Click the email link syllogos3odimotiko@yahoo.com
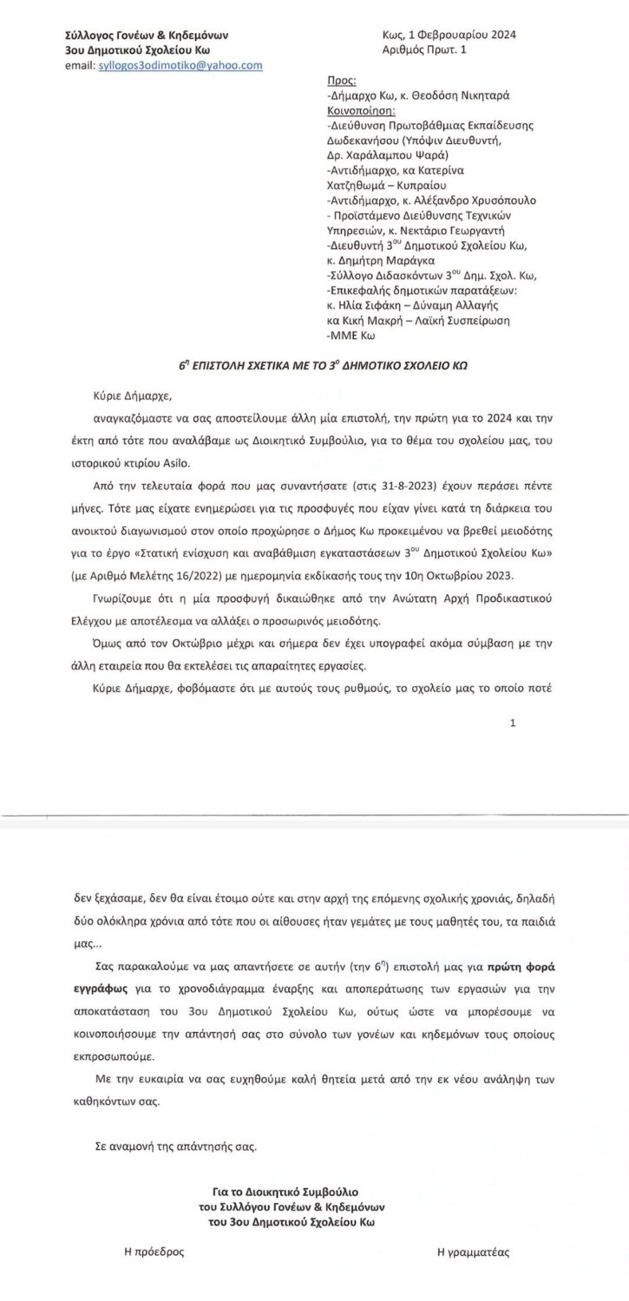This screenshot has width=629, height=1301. click(x=180, y=66)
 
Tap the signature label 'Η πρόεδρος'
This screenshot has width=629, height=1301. click(x=154, y=1252)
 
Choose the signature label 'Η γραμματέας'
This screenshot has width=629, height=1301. click(x=473, y=1252)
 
